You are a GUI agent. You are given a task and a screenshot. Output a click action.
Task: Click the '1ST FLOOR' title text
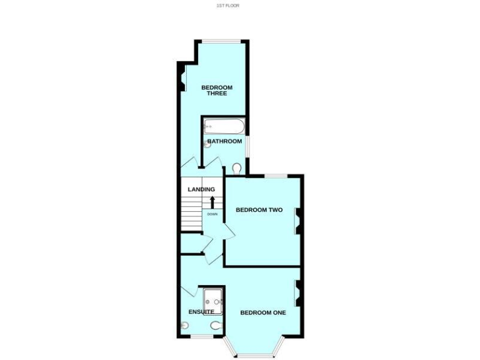coord(227,6)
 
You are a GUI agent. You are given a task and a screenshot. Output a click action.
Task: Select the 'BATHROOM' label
coord(224,141)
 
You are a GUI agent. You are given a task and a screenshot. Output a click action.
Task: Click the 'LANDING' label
coord(202,189)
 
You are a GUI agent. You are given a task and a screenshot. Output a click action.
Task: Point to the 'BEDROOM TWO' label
coord(259,210)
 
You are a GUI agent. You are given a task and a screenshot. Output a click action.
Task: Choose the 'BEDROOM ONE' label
coord(263,312)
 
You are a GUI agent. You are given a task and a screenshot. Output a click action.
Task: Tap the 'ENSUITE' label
coord(201,311)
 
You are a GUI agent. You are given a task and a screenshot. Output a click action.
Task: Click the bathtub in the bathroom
coord(223,127)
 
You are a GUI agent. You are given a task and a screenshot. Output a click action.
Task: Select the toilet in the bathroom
coord(236,168)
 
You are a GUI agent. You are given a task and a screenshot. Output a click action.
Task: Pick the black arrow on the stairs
coord(212,202)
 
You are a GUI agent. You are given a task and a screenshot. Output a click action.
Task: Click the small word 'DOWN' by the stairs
coord(212,214)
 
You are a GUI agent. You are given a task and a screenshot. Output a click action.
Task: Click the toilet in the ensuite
coord(216,326)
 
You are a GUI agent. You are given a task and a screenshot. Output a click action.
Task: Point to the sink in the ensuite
coord(184,325)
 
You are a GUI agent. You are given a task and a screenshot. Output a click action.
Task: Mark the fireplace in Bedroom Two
coord(297,220)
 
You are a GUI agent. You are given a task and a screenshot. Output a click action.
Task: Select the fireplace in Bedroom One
coord(297,292)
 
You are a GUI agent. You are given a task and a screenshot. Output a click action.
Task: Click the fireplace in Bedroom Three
coord(182,79)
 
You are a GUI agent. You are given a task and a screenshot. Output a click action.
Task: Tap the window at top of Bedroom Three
coord(221,42)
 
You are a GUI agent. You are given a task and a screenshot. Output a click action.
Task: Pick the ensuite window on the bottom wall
coord(201,337)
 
